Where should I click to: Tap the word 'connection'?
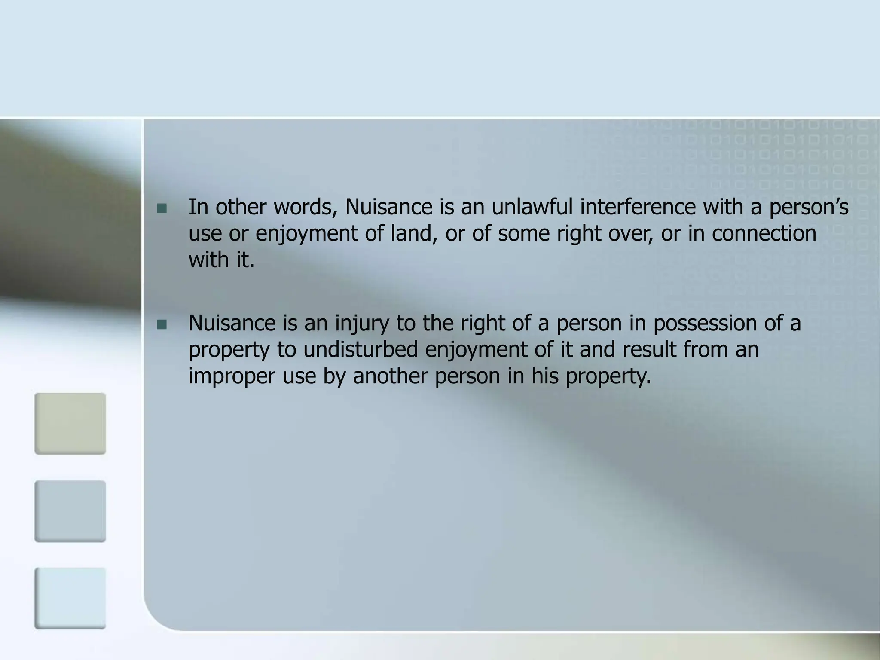[x=764, y=234]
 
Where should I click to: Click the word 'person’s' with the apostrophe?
[x=809, y=207]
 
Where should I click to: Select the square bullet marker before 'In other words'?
[x=162, y=209]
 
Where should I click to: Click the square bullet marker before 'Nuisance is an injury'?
[x=162, y=325]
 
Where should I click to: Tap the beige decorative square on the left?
[x=70, y=423]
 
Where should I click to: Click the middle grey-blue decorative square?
[x=70, y=511]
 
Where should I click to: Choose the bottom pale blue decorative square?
[x=70, y=598]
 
